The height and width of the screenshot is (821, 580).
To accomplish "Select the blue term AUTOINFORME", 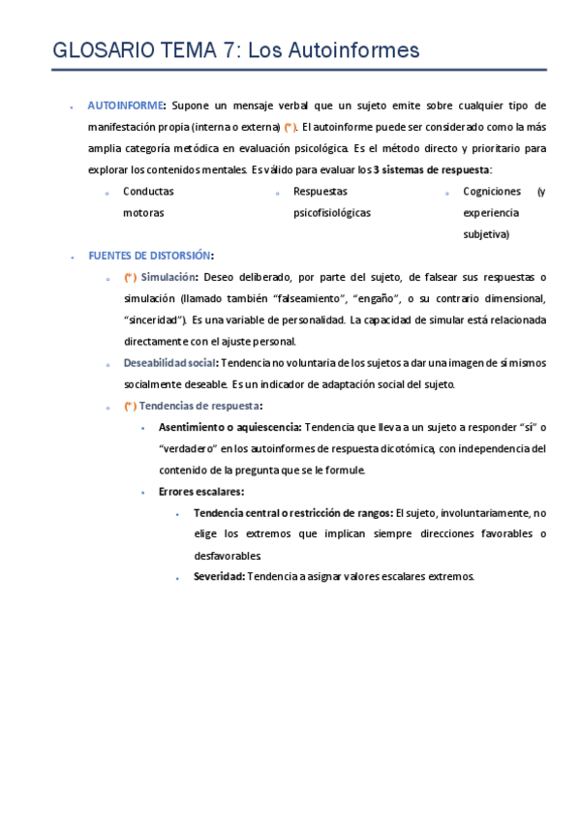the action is click(x=125, y=106).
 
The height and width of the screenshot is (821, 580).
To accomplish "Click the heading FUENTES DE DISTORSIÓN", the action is click(x=149, y=256).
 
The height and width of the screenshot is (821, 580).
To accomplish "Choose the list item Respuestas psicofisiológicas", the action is click(x=331, y=201).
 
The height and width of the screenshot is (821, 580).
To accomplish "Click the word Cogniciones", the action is click(x=491, y=192).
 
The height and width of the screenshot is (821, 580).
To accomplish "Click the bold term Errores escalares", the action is click(x=200, y=492).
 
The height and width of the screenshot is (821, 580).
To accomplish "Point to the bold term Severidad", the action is click(x=219, y=577).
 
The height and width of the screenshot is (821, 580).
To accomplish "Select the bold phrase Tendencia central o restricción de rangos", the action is click(x=292, y=513).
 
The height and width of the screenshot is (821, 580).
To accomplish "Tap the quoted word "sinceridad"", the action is click(x=154, y=319).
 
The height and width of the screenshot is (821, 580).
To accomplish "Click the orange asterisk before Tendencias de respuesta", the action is click(x=130, y=407).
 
